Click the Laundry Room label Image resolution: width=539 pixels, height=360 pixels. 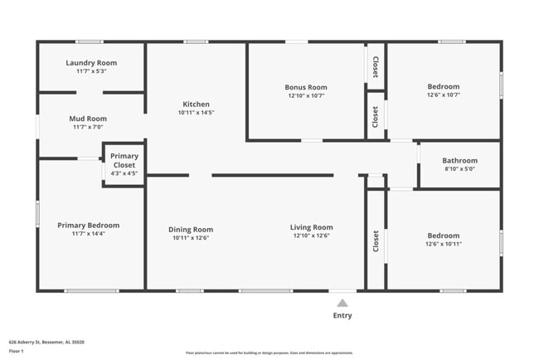coord(91,62)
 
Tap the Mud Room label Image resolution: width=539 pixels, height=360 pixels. coord(89,119)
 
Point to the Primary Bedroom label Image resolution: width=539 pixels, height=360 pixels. coord(89,225)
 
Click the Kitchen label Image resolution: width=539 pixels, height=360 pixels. coord(197,104)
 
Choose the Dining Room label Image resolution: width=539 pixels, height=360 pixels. coord(191,230)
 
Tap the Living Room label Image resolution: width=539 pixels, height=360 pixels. coord(312,227)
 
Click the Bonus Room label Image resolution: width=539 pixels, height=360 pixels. coord(306,86)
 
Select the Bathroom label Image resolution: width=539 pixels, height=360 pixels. coord(459,160)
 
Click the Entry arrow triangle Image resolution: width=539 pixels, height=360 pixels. coord(342,303)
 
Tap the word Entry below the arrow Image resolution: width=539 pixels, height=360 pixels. coord(342,315)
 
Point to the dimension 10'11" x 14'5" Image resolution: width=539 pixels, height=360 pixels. coord(197,113)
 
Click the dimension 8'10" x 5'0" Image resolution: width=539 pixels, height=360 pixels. coord(459,169)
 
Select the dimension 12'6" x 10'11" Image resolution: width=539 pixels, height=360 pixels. coord(443,244)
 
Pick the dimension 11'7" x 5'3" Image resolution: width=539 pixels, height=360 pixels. coord(91,71)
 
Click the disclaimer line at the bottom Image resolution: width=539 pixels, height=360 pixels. coord(269,353)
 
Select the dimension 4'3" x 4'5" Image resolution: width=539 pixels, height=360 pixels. coord(124,173)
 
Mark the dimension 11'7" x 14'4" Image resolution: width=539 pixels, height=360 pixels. coord(89,234)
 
